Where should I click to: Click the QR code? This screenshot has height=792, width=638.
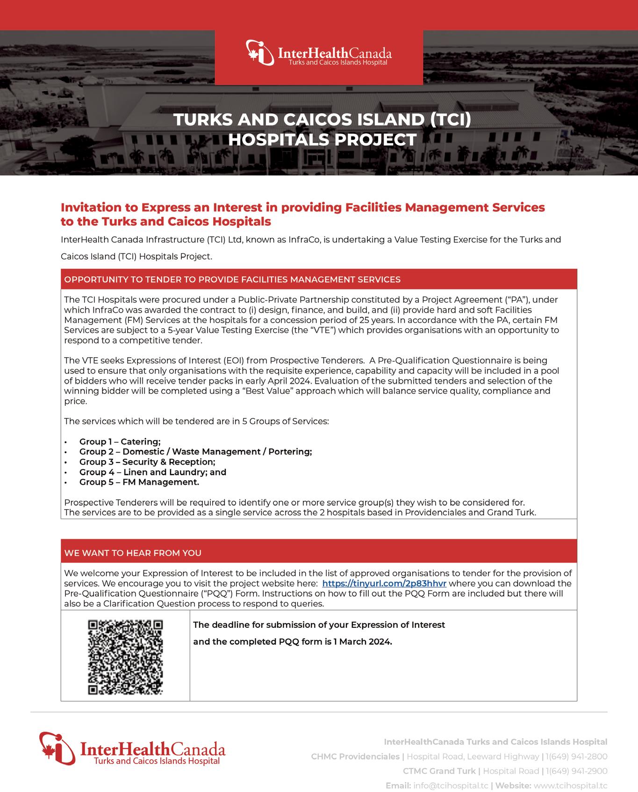click(x=125, y=657)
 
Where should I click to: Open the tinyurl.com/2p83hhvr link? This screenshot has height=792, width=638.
click(x=384, y=583)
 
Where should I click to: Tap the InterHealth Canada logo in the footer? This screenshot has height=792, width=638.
click(x=132, y=749)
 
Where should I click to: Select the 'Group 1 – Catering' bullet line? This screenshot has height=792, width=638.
click(x=120, y=441)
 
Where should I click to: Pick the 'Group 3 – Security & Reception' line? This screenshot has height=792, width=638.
click(x=147, y=462)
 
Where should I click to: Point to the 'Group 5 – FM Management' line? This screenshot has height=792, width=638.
click(x=139, y=482)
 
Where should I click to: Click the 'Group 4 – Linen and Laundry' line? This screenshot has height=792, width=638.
click(x=152, y=472)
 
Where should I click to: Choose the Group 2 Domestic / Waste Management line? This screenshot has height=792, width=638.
click(x=195, y=452)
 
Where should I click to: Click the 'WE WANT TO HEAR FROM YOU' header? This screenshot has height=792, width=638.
click(x=133, y=553)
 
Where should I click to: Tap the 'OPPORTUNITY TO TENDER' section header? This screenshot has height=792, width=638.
click(x=232, y=280)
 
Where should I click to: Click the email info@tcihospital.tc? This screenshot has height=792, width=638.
click(x=451, y=785)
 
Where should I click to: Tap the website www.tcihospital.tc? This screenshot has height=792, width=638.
click(x=570, y=785)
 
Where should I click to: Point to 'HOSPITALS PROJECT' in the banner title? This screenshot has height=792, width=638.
click(x=322, y=140)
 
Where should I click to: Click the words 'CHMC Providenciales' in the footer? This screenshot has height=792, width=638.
click(x=355, y=756)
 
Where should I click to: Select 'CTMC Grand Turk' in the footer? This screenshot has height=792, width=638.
click(x=438, y=771)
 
